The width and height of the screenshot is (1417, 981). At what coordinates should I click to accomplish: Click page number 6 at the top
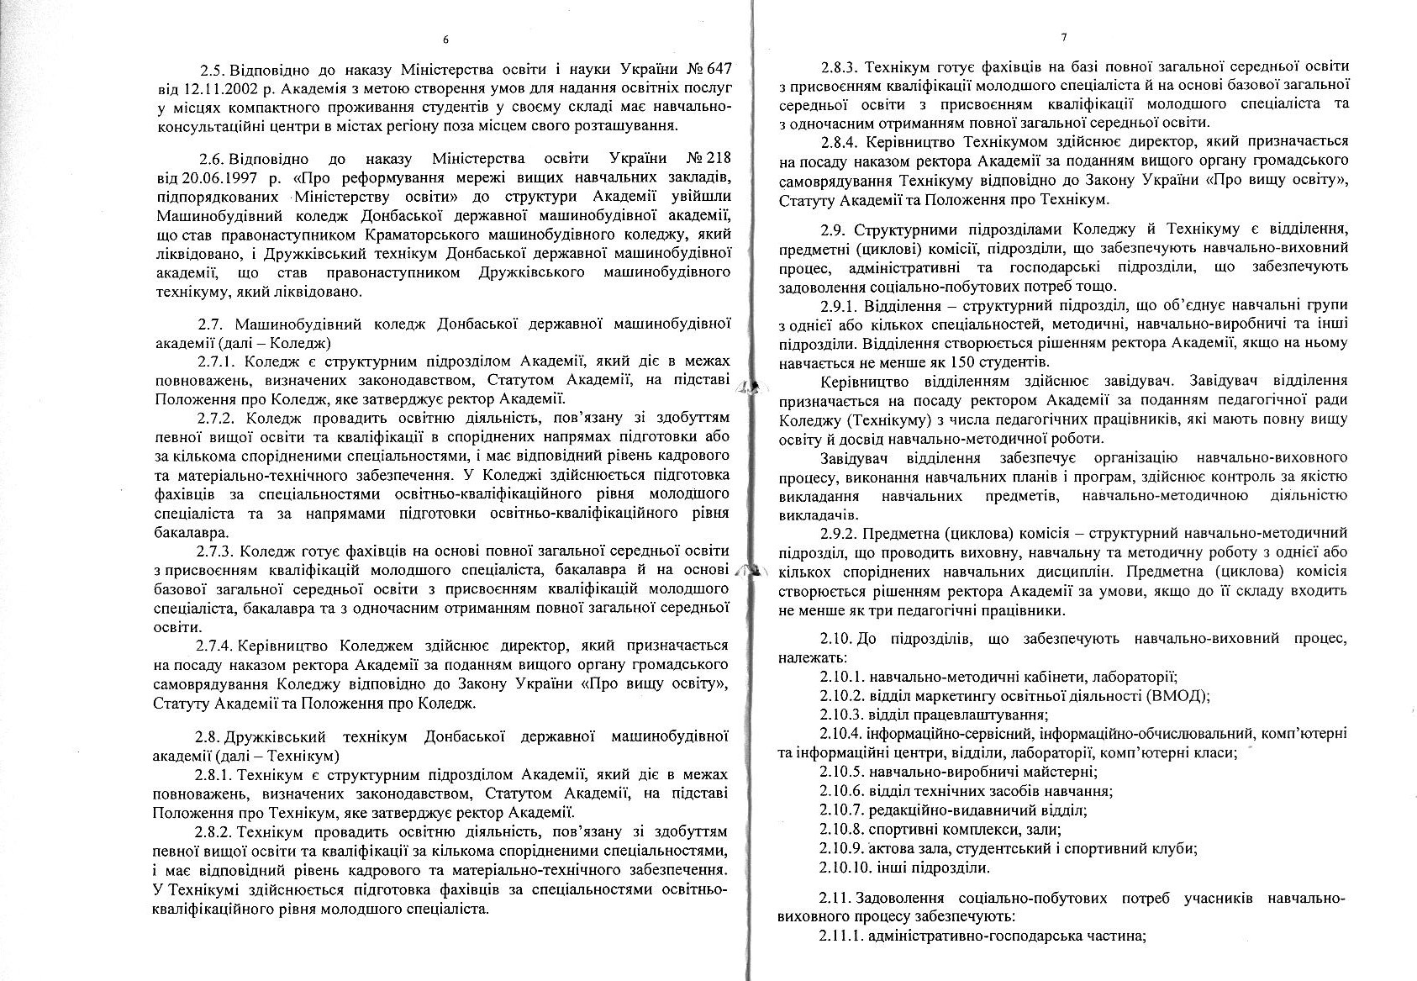click(x=445, y=39)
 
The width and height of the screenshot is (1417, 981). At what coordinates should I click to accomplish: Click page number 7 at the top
click(x=1063, y=38)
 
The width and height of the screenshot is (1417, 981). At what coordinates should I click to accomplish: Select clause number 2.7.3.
click(x=216, y=551)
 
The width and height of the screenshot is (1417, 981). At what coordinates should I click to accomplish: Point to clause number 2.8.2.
click(x=215, y=832)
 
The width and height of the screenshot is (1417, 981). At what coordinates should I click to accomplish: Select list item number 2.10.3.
click(x=841, y=715)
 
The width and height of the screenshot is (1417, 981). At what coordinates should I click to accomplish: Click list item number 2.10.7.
click(x=841, y=810)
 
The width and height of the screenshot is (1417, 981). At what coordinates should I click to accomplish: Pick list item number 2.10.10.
click(x=845, y=868)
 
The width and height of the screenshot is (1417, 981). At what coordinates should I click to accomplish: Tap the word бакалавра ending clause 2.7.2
click(x=190, y=533)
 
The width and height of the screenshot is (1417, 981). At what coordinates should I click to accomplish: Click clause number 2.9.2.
click(x=839, y=533)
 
